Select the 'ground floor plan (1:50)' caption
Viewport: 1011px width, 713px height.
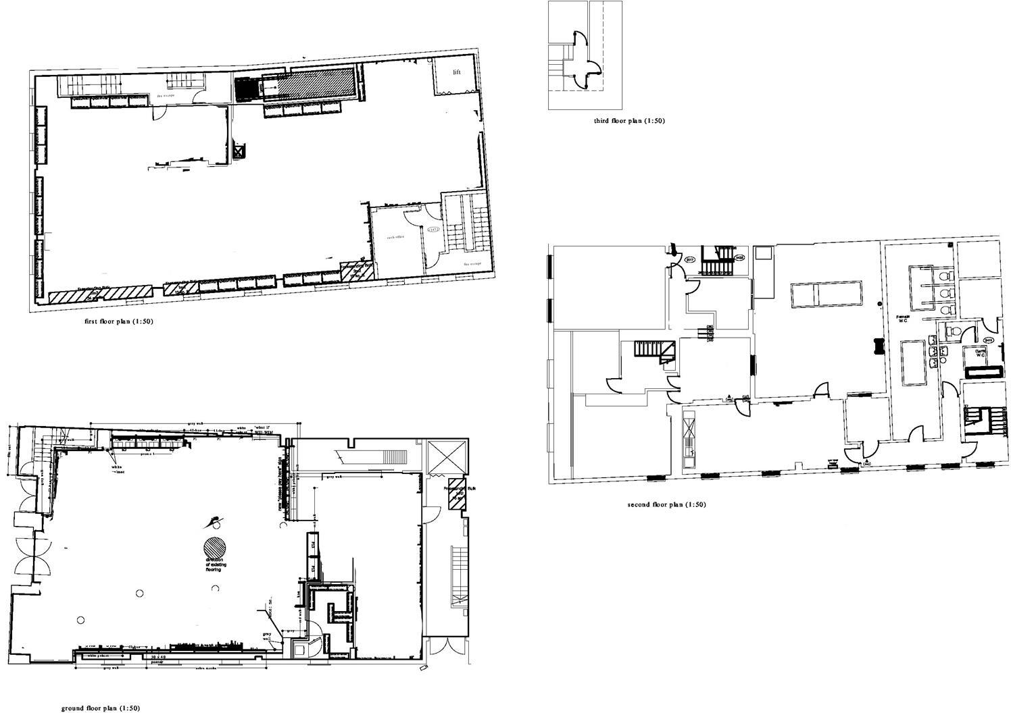click(101, 708)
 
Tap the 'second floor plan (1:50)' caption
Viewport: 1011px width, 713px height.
click(666, 504)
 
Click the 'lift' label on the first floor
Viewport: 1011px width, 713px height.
click(457, 72)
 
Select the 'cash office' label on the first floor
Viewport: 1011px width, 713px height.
click(395, 238)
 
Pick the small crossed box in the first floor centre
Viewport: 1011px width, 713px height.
click(239, 150)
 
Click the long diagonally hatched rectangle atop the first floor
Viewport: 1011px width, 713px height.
click(307, 82)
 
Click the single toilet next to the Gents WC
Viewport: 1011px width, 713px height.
click(952, 331)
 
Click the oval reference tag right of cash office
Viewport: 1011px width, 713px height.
click(433, 230)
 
